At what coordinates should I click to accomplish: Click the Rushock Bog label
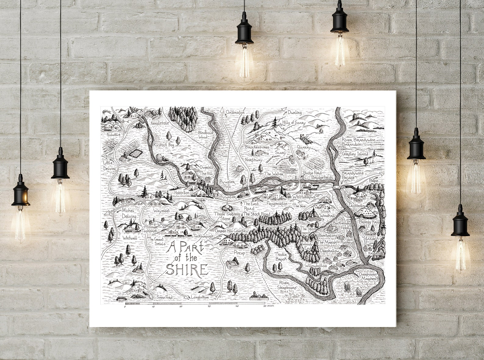tap(164, 145)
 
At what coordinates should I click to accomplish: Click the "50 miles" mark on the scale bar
tap(269, 306)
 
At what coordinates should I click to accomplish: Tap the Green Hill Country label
tap(231, 231)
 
